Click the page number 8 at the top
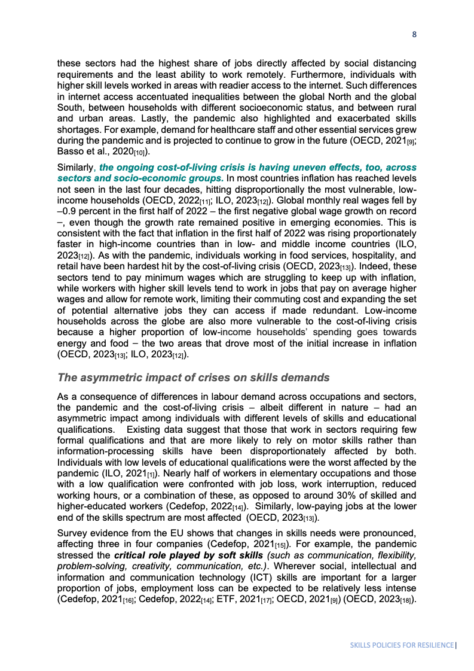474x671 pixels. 414,34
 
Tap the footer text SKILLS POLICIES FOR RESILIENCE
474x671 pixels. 402,646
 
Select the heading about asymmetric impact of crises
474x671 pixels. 193,378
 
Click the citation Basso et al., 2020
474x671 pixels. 99,151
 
